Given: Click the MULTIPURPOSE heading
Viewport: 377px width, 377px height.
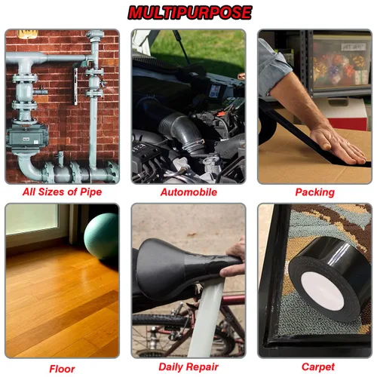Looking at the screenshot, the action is [190, 13].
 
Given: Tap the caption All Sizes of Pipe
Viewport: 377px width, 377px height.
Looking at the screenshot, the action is [62, 192].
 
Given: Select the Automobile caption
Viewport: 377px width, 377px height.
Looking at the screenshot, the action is [188, 192].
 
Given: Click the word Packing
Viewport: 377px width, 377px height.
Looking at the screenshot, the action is [315, 192].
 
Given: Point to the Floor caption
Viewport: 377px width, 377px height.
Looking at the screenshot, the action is [62, 369].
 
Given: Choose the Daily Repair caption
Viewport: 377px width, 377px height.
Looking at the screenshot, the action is [188, 367].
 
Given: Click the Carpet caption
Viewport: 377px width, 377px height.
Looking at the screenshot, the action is [318, 367].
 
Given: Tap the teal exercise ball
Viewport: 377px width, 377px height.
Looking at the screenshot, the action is [102, 235].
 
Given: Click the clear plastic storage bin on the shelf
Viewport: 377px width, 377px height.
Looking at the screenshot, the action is [341, 63].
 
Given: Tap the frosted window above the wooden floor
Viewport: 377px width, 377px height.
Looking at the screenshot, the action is [32, 219].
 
